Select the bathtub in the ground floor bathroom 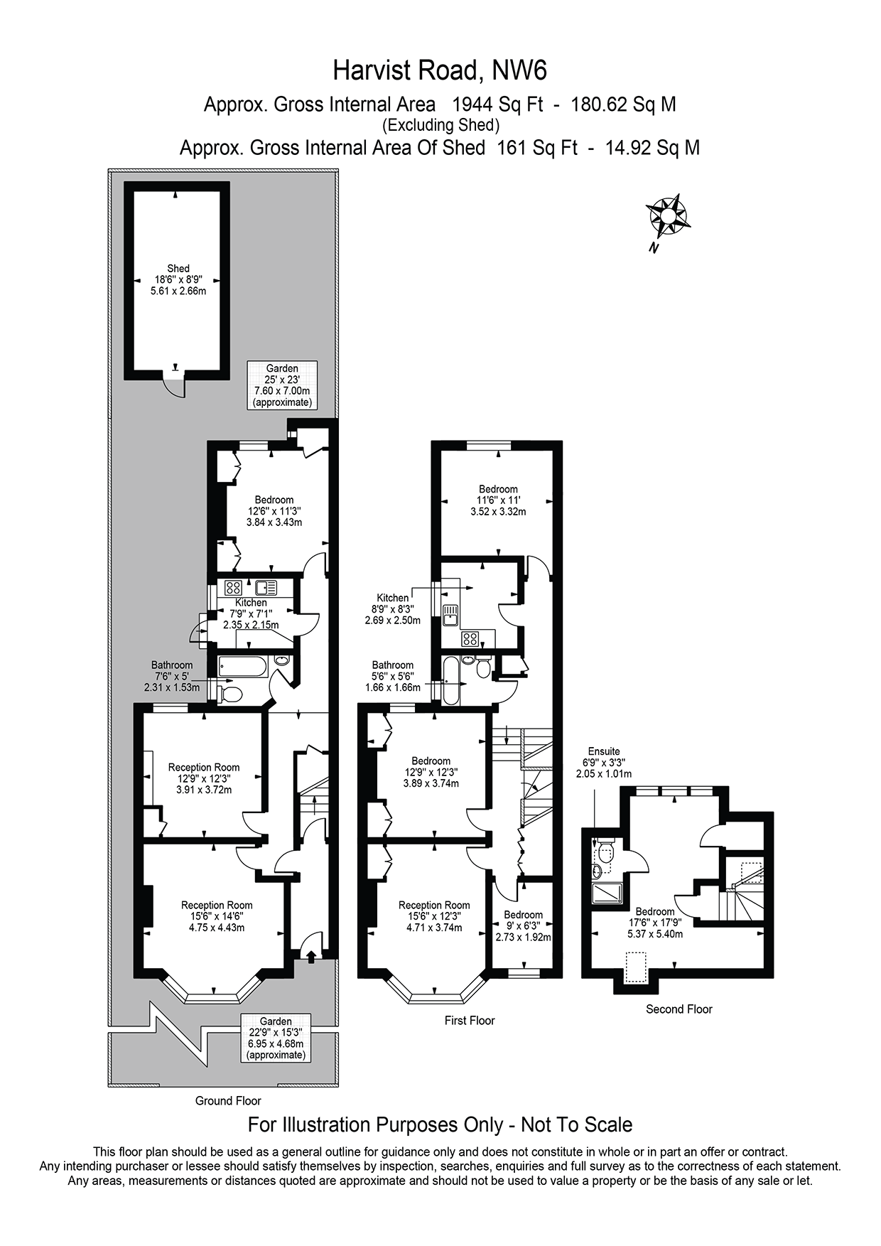click(x=242, y=667)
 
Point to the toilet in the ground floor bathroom click(x=232, y=694)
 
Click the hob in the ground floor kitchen click(x=233, y=588)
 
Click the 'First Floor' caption click(x=470, y=1021)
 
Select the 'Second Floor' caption click(x=679, y=1009)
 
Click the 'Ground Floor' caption click(x=228, y=1101)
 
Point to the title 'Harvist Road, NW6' click(x=440, y=70)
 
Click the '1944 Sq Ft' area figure click(x=497, y=104)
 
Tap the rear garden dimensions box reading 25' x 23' click(x=282, y=385)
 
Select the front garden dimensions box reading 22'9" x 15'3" click(x=276, y=1038)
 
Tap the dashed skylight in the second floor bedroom click(x=635, y=967)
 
